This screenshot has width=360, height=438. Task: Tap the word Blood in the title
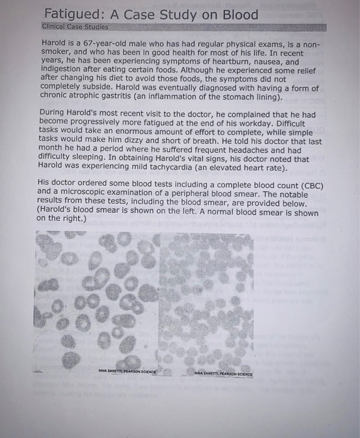[236, 14]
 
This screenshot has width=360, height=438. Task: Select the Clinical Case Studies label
[75, 28]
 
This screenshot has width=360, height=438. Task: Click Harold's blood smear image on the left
[99, 300]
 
